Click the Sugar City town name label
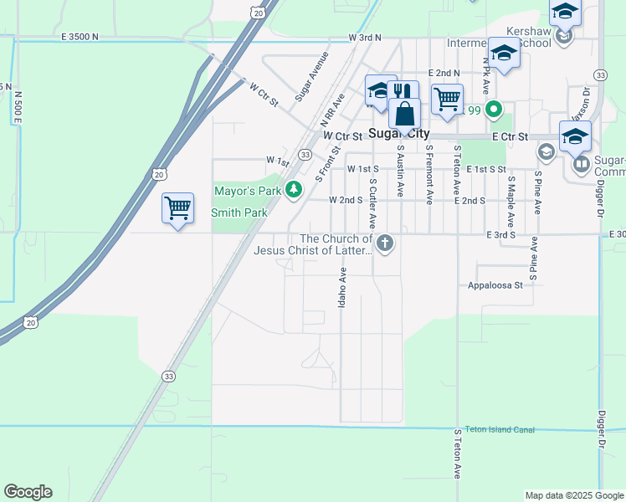coord(399,134)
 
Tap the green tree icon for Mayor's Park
coord(293,191)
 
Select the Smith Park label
coord(239,213)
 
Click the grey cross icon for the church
coord(385,244)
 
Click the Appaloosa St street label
coord(495,284)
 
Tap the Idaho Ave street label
coord(341,287)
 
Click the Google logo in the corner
coord(28,492)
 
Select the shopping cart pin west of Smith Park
coord(178,208)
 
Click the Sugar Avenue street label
coord(311,76)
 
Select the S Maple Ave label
coord(510,201)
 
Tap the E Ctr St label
coord(511,136)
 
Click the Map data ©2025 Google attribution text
coord(573,495)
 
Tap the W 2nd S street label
coord(346,201)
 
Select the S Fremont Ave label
coord(428,174)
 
